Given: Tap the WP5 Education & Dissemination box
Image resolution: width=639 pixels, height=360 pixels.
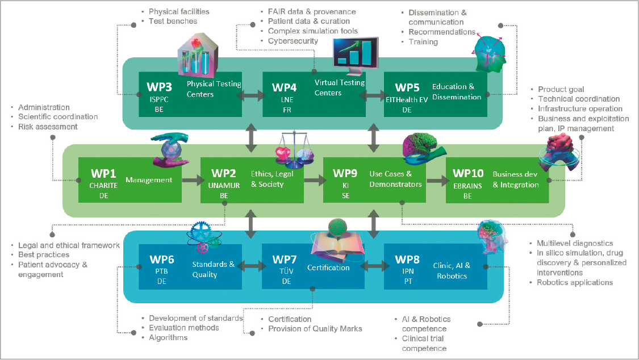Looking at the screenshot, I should coord(436,94).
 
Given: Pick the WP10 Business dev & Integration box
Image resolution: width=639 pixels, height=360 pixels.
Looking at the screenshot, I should coord(497,180).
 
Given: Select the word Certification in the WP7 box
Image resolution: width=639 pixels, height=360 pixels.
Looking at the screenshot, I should coord(328,267).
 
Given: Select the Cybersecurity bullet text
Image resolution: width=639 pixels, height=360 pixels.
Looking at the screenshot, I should coord(293,41).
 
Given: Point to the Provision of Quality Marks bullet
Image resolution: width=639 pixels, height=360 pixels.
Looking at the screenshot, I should coord(315,329).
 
